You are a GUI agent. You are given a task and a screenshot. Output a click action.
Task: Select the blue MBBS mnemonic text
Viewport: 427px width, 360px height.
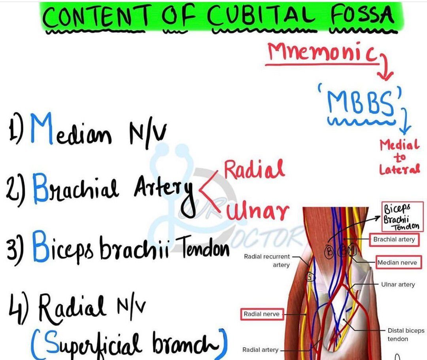coord(361,102)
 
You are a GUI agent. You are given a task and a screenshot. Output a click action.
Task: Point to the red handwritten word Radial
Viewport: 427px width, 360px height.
coord(254,169)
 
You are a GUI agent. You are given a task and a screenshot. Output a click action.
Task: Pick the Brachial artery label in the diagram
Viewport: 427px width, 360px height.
coord(394,240)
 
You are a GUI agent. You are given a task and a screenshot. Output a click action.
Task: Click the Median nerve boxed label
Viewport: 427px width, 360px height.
coord(397,262)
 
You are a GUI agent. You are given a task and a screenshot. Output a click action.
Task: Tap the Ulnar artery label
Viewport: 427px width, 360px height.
coord(398,284)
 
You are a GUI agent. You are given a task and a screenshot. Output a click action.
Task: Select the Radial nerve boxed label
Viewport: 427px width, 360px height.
coord(262,314)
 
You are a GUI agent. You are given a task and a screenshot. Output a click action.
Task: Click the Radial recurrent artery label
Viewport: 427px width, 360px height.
coord(266,261)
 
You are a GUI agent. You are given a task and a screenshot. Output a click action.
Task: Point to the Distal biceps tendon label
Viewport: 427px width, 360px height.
coord(406,335)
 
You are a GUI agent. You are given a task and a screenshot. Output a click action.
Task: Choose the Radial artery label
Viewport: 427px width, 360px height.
coord(260,350)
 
